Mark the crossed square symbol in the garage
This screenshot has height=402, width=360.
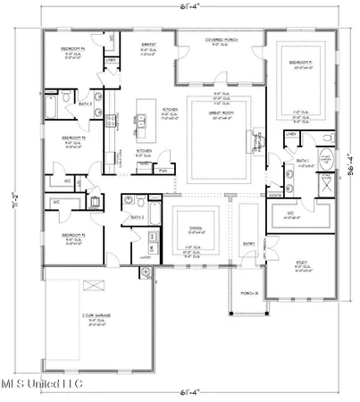pos(88,286)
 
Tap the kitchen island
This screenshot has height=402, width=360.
pos(144,121)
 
